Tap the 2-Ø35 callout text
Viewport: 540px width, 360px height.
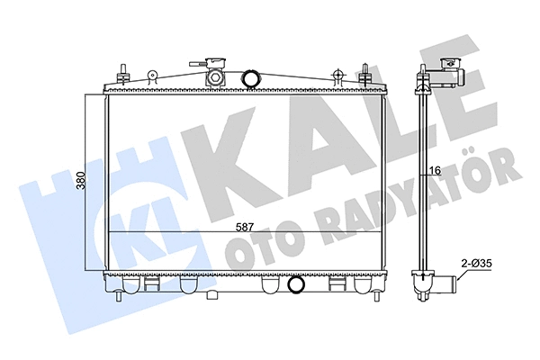point(476,263)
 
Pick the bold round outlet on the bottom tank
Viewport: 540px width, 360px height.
point(295,285)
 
